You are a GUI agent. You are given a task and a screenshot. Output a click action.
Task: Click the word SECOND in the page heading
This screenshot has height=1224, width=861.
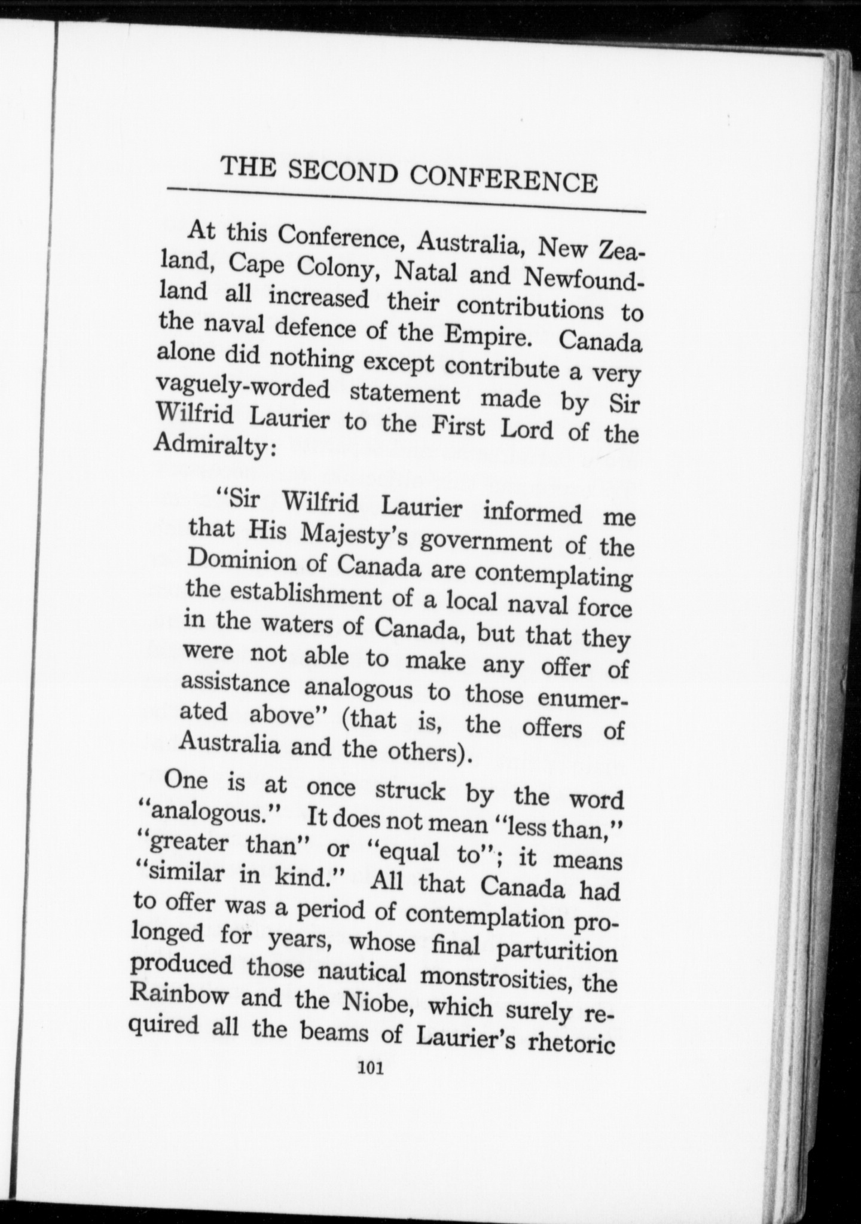coord(343,172)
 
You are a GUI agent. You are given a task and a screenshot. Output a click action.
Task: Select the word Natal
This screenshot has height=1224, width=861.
coord(425,271)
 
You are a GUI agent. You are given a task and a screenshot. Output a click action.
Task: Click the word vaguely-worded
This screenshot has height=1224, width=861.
coord(242,388)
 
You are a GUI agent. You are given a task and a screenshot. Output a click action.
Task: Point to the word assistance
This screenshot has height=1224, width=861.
coord(234,684)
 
